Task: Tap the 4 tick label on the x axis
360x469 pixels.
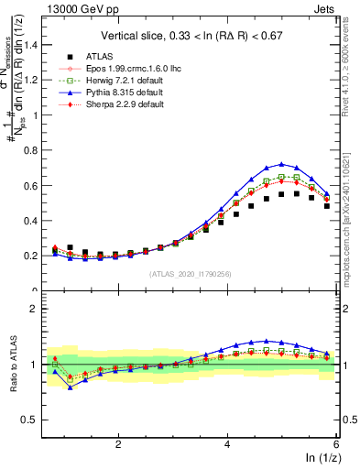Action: click(227, 444)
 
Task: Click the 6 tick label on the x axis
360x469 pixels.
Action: click(336, 444)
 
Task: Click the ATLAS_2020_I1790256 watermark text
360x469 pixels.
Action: click(191, 273)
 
